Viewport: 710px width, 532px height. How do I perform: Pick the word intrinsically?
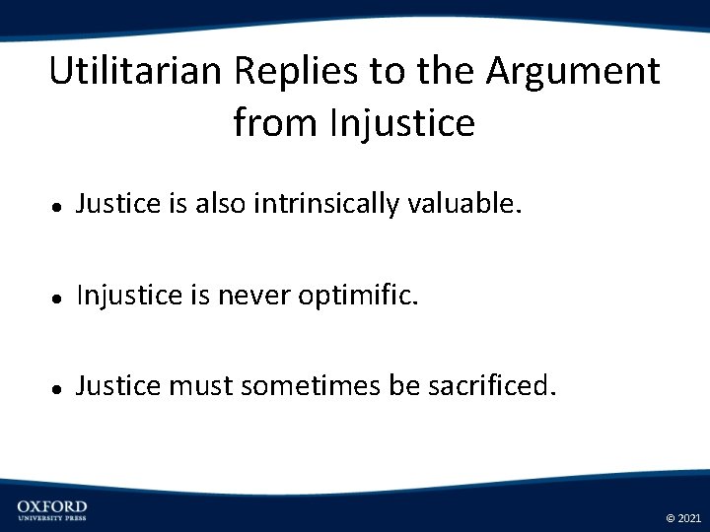click(322, 204)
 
